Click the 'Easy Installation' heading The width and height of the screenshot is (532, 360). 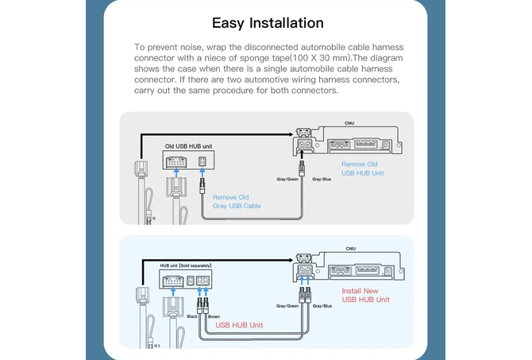[268, 23]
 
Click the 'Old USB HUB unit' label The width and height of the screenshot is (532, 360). [187, 147]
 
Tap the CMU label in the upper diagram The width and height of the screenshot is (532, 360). [349, 124]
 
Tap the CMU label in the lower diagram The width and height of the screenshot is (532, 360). [349, 249]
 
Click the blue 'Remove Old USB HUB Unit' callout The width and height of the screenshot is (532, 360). [363, 168]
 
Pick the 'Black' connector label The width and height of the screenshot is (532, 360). [191, 316]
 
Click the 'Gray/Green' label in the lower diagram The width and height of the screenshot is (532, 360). [287, 305]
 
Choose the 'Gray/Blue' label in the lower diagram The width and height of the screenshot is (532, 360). [322, 305]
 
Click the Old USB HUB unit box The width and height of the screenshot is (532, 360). [187, 162]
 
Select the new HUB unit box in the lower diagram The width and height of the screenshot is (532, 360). [187, 281]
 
